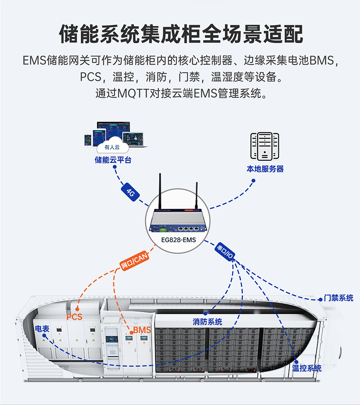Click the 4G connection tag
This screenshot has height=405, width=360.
pyautogui.click(x=130, y=192)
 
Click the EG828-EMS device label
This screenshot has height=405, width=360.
pyautogui.click(x=180, y=240)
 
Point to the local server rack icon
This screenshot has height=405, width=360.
pyautogui.click(x=265, y=146)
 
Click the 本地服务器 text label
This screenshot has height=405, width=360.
pyautogui.click(x=265, y=169)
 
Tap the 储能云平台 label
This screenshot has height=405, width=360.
pyautogui.click(x=113, y=160)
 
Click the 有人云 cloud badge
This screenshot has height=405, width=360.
pyautogui.click(x=112, y=147)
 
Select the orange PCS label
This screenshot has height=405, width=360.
pyautogui.click(x=74, y=317)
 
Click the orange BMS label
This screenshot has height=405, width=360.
pyautogui.click(x=142, y=330)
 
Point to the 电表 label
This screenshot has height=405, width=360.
pyautogui.click(x=42, y=329)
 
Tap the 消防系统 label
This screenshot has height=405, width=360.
pyautogui.click(x=207, y=321)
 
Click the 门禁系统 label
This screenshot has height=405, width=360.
pyautogui.click(x=338, y=298)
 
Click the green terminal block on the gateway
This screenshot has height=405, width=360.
pyautogui.click(x=164, y=229)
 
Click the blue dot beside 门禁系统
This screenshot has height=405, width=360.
pyautogui.click(x=320, y=299)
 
